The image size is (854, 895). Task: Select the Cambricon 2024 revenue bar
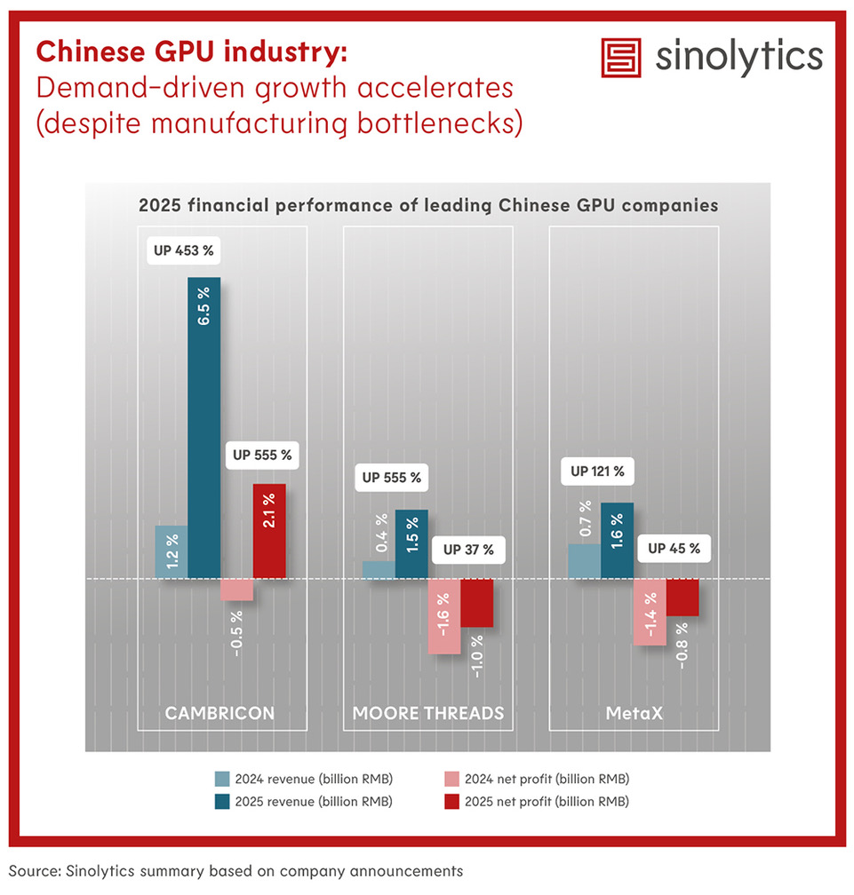pos(171,552)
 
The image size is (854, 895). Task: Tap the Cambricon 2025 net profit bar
pos(269,531)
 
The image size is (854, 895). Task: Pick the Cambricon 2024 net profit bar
pos(236,590)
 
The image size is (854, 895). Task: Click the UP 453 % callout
pos(184,250)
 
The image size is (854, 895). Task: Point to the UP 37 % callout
pos(461,550)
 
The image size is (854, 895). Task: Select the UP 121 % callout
pos(598,471)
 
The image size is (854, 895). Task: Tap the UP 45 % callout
pos(674,549)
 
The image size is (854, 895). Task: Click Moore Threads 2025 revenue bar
pos(411,544)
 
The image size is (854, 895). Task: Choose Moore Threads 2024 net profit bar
pos(444,616)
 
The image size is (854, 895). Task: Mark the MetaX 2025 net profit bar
pos(682,598)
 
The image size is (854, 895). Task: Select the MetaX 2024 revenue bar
pos(584,561)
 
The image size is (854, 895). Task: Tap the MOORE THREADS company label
pos(428,713)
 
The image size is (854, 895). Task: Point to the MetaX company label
pos(634,713)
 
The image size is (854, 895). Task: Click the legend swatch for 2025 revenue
pos(222,802)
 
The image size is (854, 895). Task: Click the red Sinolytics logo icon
pos(621,58)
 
